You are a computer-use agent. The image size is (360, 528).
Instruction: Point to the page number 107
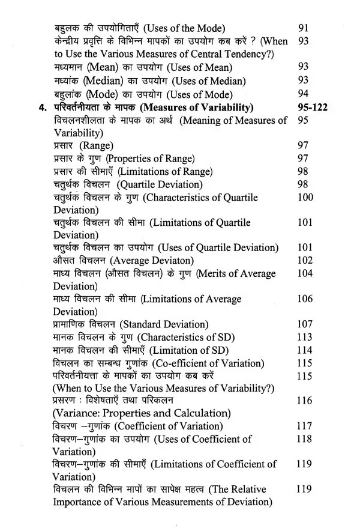(x=305, y=324)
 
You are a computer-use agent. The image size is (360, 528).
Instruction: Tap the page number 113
(x=305, y=337)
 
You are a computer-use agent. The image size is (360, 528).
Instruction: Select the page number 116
(x=305, y=400)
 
